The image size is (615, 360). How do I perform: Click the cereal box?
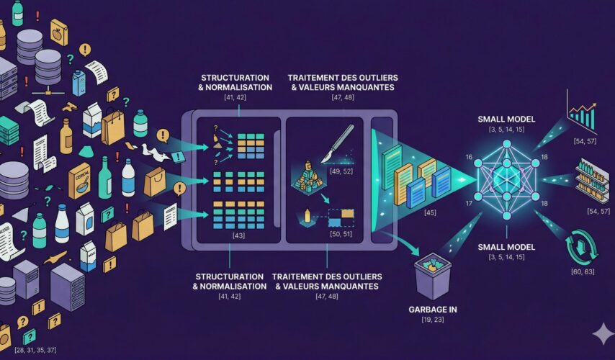point(79,180)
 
